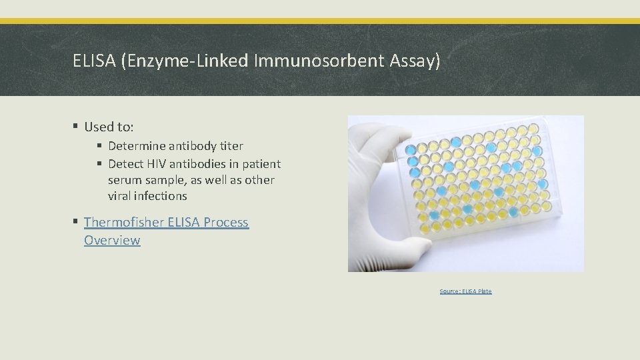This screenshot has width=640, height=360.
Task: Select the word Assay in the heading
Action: click(x=417, y=62)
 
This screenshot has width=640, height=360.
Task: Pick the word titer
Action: click(x=230, y=146)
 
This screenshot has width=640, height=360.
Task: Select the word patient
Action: click(x=261, y=164)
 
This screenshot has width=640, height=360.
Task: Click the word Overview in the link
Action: click(x=112, y=240)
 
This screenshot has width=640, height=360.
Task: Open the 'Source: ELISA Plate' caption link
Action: click(x=465, y=291)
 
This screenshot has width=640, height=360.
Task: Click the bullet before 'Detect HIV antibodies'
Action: click(x=99, y=164)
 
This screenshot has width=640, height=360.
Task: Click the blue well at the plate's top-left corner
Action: click(x=411, y=147)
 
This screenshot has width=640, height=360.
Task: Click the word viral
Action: click(x=121, y=196)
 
